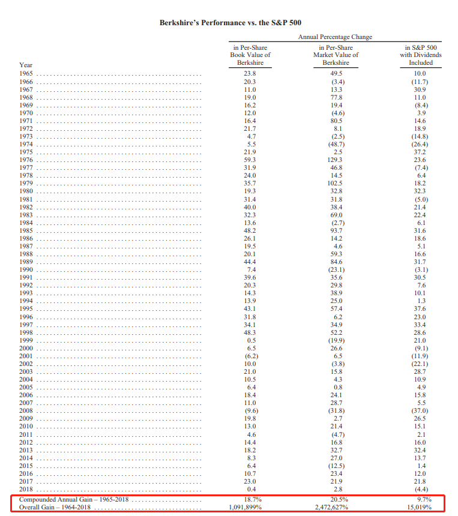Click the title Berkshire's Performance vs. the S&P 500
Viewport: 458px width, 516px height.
(x=230, y=22)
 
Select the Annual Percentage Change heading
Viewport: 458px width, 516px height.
(x=335, y=37)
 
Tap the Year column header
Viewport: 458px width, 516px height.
(x=26, y=65)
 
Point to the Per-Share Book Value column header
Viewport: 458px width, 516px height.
(x=250, y=55)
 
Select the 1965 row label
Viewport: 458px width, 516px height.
(x=26, y=73)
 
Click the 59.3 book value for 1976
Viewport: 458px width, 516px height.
(x=250, y=160)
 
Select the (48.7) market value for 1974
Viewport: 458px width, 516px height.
(x=336, y=145)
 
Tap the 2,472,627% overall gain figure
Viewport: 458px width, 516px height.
(x=336, y=508)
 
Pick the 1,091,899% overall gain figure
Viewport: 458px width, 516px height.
(x=250, y=508)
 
